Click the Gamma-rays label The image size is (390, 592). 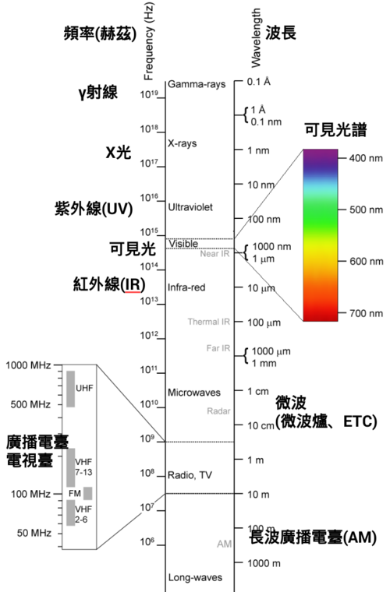click(197, 84)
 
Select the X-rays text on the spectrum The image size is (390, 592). click(183, 143)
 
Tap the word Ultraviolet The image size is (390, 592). click(190, 207)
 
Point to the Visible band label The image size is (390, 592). click(183, 244)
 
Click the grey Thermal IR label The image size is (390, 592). click(209, 322)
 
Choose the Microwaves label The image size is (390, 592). click(194, 393)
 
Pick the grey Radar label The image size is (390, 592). click(218, 411)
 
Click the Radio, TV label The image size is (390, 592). click(190, 475)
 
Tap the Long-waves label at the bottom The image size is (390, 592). click(195, 577)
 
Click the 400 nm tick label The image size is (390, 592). click(366, 158)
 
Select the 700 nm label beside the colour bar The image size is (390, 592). click(366, 313)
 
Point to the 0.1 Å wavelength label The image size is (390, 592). click(259, 82)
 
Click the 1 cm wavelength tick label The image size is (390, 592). click(258, 391)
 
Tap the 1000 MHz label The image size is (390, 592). click(28, 365)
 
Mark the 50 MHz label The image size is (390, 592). click(34, 533)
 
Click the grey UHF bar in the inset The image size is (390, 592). click(71, 389)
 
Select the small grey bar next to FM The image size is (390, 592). click(87, 493)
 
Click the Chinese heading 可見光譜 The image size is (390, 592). click(336, 130)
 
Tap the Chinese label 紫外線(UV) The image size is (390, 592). click(94, 209)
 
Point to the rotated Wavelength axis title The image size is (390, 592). click(256, 38)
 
